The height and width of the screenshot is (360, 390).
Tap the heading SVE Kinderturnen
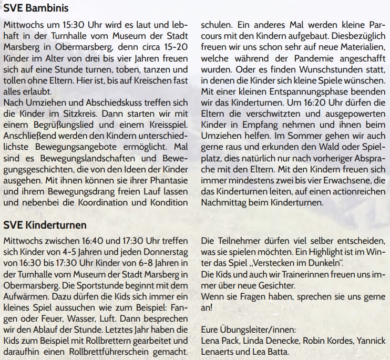(x=45, y=225)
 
